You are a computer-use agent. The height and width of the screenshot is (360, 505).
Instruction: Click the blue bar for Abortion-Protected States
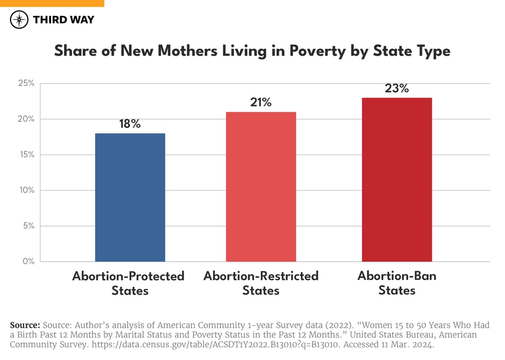[130, 197]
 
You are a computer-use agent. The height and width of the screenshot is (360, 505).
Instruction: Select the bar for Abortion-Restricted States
[261, 187]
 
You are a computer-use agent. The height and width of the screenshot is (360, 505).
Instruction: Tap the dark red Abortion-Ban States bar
[397, 179]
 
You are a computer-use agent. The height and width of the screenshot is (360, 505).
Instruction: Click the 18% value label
[129, 124]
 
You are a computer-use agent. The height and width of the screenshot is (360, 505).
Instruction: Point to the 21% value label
[261, 103]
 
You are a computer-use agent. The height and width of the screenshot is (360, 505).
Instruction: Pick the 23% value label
[397, 88]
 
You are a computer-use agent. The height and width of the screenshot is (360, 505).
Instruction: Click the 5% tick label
[28, 226]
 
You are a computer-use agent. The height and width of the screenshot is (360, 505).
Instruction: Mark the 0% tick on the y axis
[28, 262]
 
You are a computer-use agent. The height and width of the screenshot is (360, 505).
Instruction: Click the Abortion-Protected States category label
[129, 283]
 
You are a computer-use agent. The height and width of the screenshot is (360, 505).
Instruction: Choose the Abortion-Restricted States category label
[261, 283]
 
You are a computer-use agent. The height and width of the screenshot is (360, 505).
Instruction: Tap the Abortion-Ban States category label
[397, 283]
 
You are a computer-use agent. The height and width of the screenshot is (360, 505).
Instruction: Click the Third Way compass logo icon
[19, 20]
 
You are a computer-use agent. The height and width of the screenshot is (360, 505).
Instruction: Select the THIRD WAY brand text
[63, 20]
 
